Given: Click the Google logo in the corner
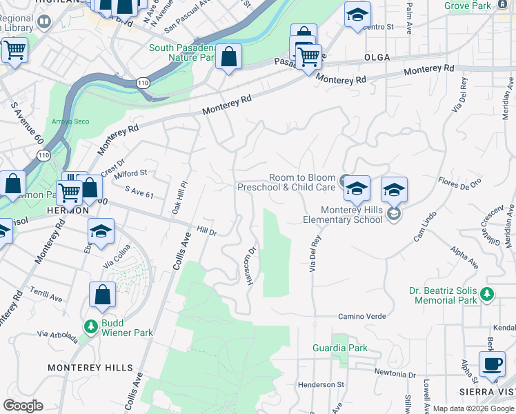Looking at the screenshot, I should [23, 406].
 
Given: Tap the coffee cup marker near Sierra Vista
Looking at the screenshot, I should [492, 365].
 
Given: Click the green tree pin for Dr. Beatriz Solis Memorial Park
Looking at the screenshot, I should [488, 295].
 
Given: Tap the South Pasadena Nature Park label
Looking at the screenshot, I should [182, 52].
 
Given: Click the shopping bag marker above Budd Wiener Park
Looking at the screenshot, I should [102, 295].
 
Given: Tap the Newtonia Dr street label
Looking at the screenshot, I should [395, 374].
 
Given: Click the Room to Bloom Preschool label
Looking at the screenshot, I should [286, 182].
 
